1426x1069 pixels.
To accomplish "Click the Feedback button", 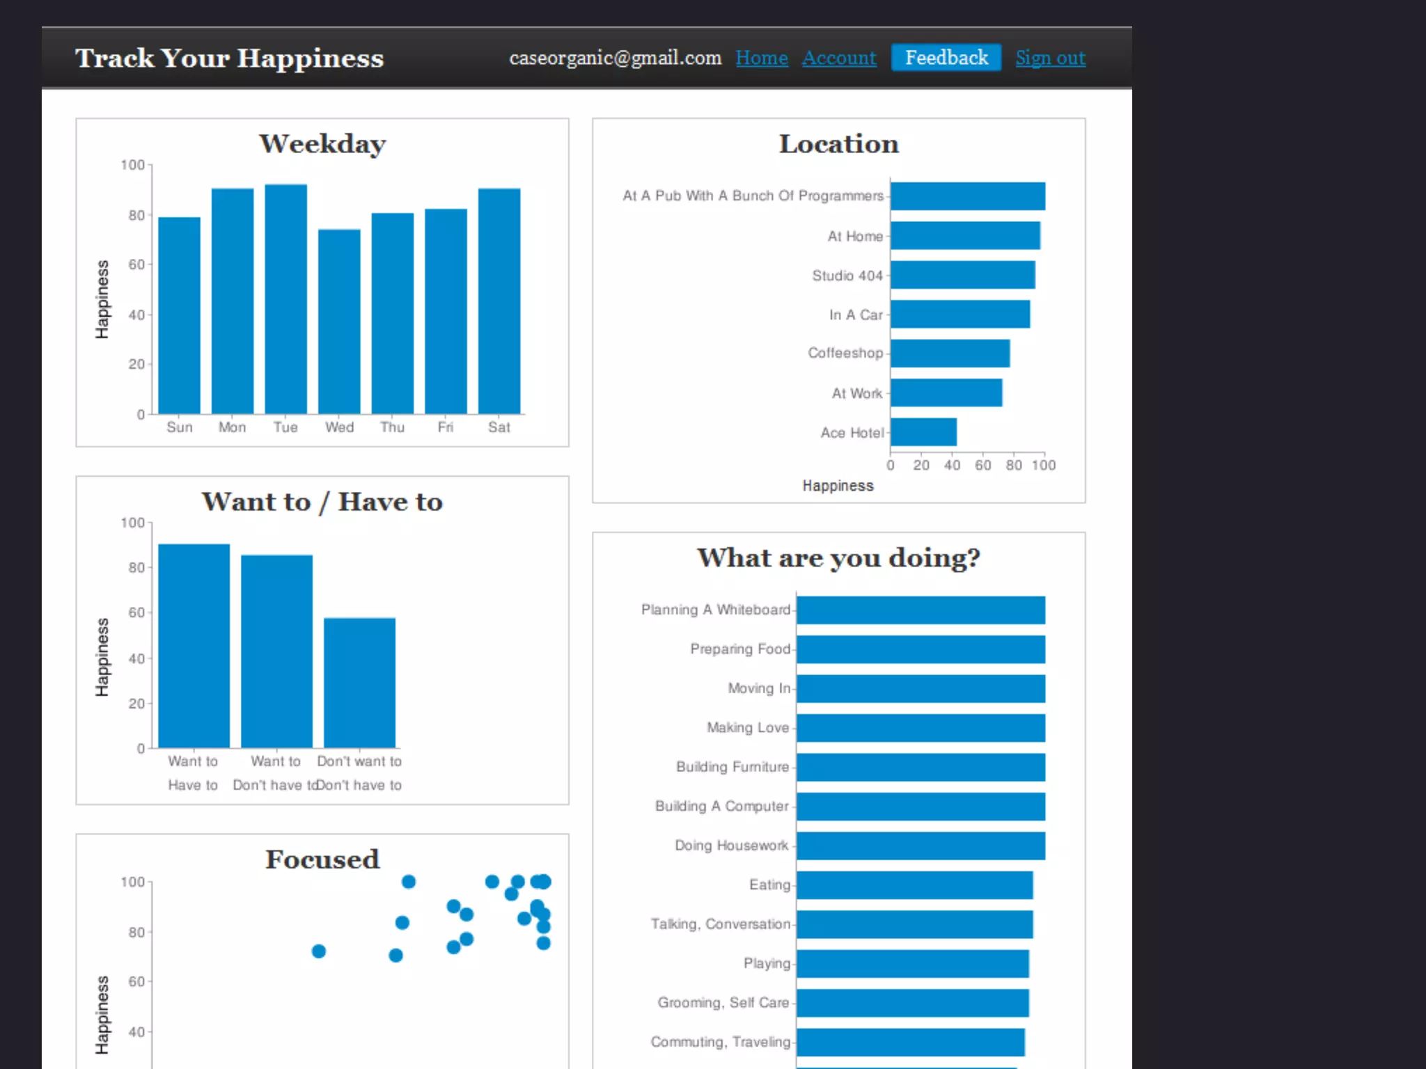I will pos(946,58).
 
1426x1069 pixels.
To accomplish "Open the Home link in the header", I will pos(761,58).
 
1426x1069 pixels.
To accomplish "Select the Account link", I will pos(838,58).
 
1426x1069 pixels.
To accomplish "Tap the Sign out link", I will pos(1050,58).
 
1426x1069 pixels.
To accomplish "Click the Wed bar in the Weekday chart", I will pos(339,322).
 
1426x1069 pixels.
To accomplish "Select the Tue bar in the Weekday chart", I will pos(285,299).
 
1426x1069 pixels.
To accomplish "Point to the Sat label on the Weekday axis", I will pos(499,427).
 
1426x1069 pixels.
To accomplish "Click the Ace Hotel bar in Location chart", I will pos(923,432).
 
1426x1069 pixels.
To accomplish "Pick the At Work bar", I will pos(946,393).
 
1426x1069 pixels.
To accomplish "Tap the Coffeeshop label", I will pos(845,354).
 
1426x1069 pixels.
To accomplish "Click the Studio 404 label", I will pos(847,276).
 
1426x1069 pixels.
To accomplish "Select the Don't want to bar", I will pos(359,682).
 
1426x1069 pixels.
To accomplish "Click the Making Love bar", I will pos(920,728).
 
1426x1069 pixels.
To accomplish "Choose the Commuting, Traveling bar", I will pos(910,1042).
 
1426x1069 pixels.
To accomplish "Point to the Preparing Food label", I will pos(739,649).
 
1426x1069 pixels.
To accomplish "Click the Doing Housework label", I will pos(731,846).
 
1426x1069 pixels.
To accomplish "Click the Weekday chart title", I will pos(322,144).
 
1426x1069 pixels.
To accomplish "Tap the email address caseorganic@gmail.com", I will pos(615,58).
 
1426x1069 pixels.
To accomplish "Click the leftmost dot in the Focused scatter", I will pos(319,951).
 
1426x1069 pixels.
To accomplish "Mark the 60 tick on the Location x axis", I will pos(982,465).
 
